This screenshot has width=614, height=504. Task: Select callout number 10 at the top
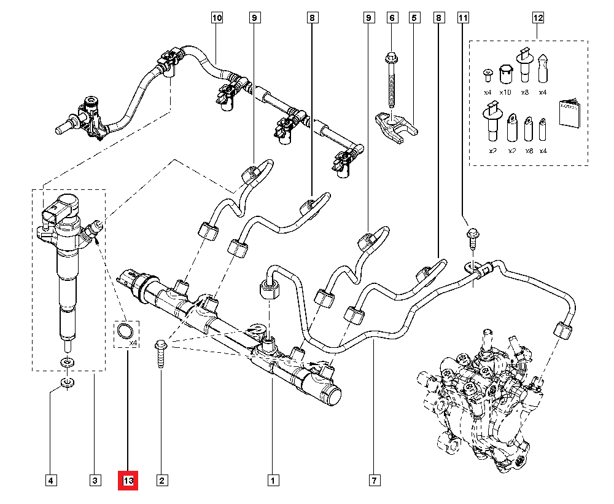[x=217, y=18]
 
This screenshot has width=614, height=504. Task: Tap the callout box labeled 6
[x=392, y=18]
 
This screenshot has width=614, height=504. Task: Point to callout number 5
[x=414, y=18]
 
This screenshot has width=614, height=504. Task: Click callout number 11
[x=462, y=18]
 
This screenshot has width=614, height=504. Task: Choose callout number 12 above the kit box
[x=538, y=18]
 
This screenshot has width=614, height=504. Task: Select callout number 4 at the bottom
[x=51, y=480]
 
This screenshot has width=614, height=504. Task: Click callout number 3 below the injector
[x=95, y=480]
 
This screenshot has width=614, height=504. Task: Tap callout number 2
[x=161, y=480]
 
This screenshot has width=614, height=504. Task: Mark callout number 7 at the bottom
[x=373, y=480]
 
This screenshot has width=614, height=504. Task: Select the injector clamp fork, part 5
[x=397, y=123]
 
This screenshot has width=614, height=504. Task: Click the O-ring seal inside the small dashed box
[x=125, y=332]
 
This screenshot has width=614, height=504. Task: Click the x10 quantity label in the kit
[x=505, y=92]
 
